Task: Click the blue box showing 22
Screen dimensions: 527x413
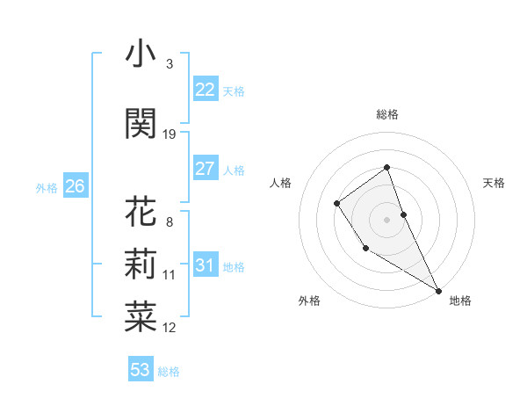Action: [x=205, y=89]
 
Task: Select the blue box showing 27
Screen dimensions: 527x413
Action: [x=205, y=169]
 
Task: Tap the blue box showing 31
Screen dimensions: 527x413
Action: [x=205, y=265]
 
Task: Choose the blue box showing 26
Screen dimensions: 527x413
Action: [x=75, y=185]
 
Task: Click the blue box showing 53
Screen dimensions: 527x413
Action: [x=140, y=369]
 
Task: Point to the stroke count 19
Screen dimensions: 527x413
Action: [x=170, y=134]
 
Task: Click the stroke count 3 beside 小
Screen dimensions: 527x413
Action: [x=169, y=64]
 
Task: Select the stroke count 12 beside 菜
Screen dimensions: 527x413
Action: [x=170, y=328]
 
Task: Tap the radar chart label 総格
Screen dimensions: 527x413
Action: [x=387, y=114]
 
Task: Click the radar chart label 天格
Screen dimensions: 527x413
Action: [x=495, y=183]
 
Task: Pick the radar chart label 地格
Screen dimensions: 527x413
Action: [x=460, y=301]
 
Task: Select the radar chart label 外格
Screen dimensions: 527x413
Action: [x=309, y=301]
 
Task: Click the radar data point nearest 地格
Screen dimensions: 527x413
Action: [x=438, y=290]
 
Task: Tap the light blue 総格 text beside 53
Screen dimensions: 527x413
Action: [x=169, y=372]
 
